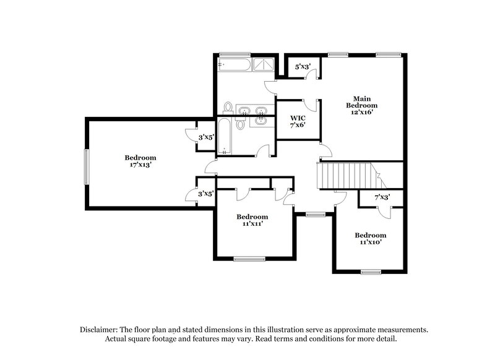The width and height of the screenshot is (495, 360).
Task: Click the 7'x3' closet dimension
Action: [382, 197]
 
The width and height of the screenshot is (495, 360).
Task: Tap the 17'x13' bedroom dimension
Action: [140, 165]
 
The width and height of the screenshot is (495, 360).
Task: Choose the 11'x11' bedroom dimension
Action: [252, 224]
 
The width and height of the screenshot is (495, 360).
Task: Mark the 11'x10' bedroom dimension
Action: [369, 242]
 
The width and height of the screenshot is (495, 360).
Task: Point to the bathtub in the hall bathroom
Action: [225, 135]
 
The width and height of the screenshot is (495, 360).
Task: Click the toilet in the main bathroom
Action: [228, 108]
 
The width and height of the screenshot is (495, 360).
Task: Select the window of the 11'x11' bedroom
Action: [249, 259]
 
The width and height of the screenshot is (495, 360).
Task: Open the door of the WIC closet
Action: [315, 106]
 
